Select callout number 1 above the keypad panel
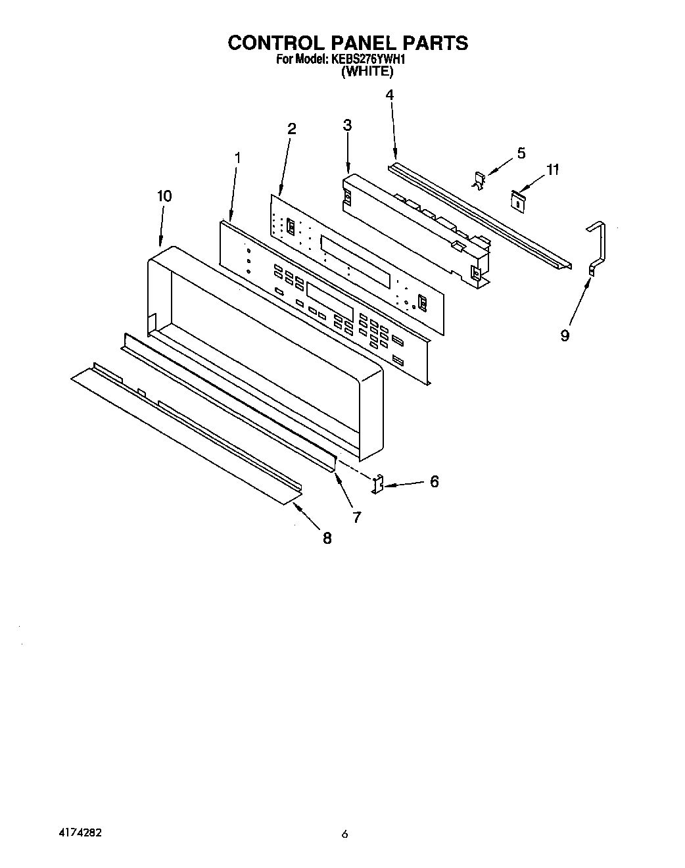pos(237,158)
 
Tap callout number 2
pos(292,129)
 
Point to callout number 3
pos(347,125)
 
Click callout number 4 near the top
pos(389,95)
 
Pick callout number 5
pos(521,153)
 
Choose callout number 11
pos(553,170)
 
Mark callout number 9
pos(565,335)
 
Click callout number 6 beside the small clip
pos(434,481)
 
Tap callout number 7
pos(356,518)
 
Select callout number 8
pos(327,539)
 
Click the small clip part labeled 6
pos(378,485)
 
